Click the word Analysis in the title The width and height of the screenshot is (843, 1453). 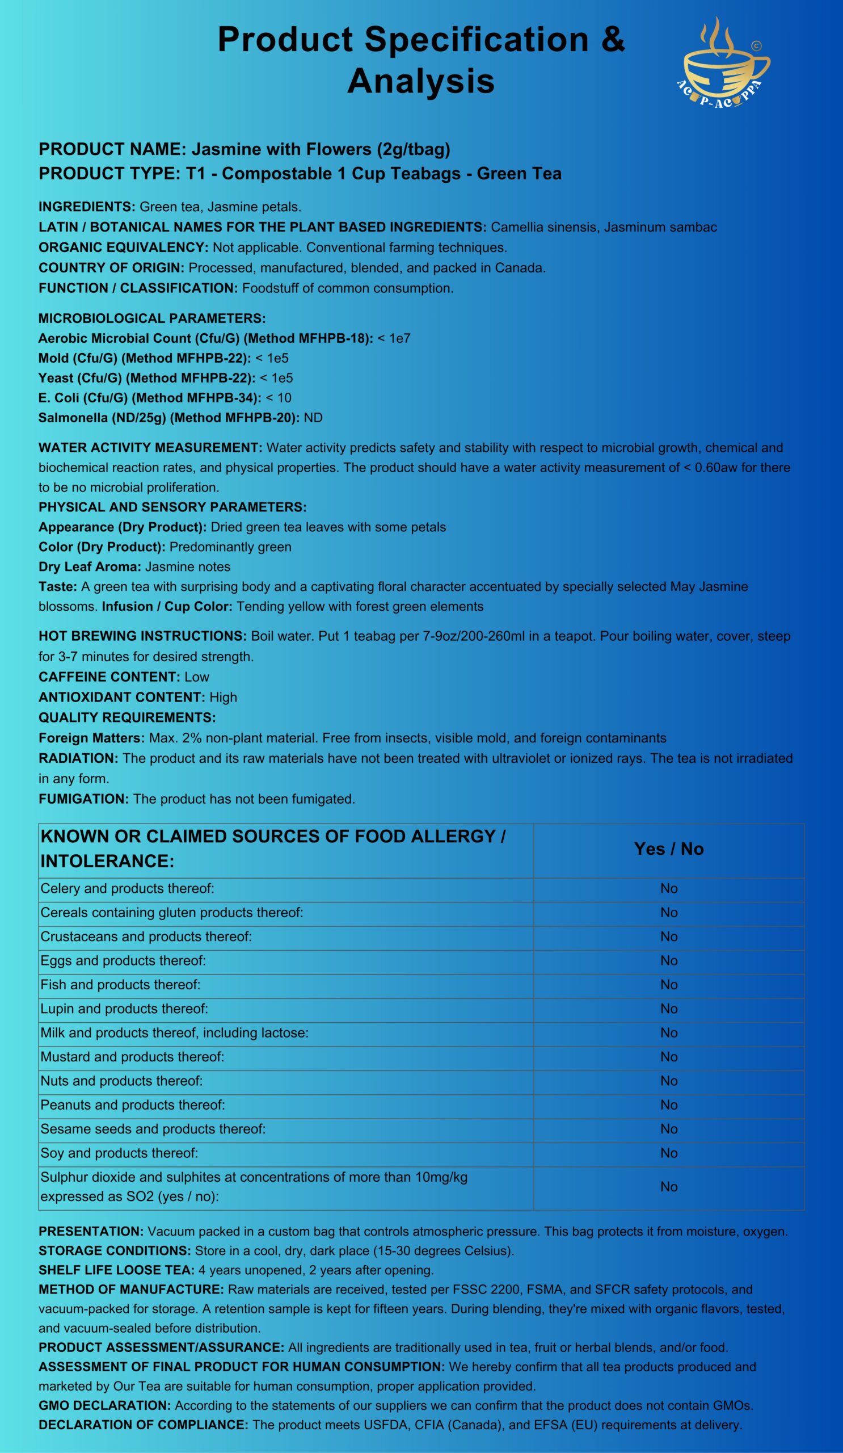(420, 81)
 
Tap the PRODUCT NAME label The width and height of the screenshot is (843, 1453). (112, 149)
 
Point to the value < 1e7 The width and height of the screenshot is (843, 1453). (394, 338)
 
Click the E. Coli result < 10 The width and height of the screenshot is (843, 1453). (279, 398)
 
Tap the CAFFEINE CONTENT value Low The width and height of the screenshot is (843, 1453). (196, 677)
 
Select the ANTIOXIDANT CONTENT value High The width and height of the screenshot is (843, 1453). (223, 697)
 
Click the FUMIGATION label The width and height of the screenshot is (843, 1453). (83, 799)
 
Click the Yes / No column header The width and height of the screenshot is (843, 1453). (668, 849)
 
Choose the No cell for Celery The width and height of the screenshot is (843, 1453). (668, 888)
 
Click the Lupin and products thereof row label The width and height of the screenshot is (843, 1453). (124, 1009)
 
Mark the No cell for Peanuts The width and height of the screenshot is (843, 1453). (668, 1105)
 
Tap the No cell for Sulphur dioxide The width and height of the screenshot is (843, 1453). (668, 1186)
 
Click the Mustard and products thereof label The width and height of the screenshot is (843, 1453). (132, 1057)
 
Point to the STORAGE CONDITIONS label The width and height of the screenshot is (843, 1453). (114, 1250)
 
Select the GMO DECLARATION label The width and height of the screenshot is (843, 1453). (104, 1405)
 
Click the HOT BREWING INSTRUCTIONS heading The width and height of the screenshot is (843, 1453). (142, 637)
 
